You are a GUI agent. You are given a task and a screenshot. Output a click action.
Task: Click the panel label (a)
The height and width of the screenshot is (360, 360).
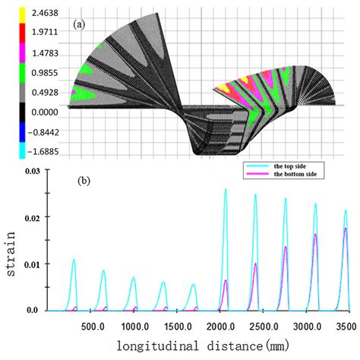[79, 24]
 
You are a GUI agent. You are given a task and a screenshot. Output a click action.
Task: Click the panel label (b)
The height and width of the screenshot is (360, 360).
[84, 182]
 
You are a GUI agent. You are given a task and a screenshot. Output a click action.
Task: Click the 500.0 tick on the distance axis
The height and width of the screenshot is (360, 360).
[92, 326]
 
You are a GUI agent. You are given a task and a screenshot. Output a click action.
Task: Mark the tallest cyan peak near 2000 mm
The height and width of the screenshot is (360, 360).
[226, 190]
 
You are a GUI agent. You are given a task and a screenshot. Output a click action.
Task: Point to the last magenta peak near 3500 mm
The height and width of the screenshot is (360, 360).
[346, 229]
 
